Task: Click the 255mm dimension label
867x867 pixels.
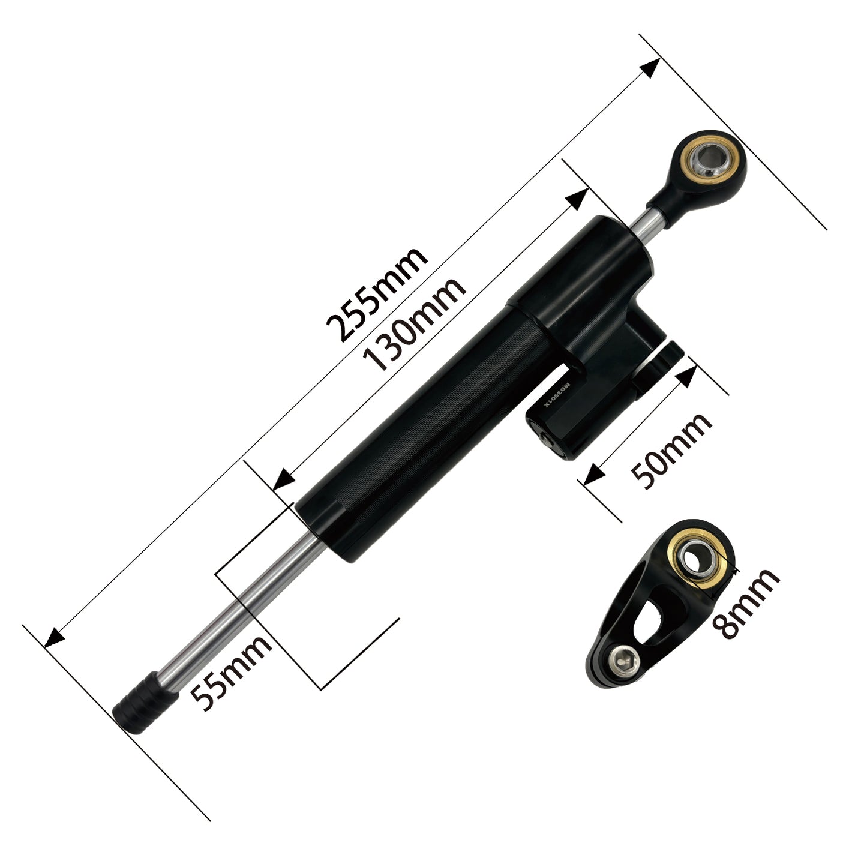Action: click(x=377, y=294)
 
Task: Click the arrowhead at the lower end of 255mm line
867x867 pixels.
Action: click(x=54, y=638)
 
